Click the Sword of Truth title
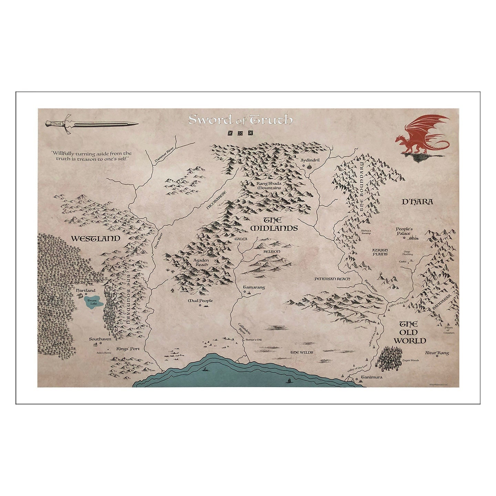pos(240,120)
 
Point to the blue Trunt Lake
pos(94,302)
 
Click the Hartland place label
pos(86,291)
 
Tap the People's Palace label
pos(404,231)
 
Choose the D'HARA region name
pos(417,202)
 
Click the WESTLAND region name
pos(95,238)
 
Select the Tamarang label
pos(254,287)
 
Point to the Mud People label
pos(200,301)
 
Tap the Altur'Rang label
pos(437,353)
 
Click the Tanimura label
pos(371,377)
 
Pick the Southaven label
pos(100,339)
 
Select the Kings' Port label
pos(128,349)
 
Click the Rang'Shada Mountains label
pos(269,186)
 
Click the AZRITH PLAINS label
pos(380,252)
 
